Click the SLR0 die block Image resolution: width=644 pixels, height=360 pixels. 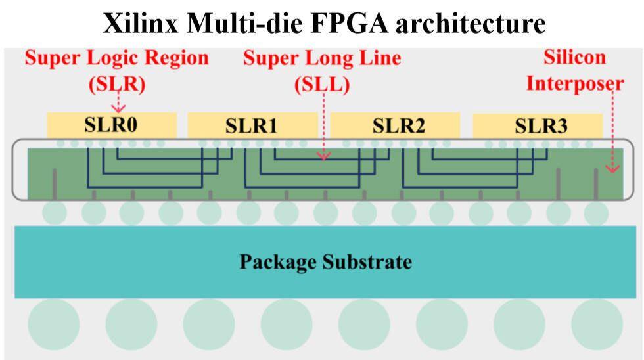pyautogui.click(x=112, y=125)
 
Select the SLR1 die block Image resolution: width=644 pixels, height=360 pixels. pyautogui.click(x=252, y=125)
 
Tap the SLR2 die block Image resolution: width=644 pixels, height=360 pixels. pyautogui.click(x=395, y=125)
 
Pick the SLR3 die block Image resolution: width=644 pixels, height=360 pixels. pyautogui.click(x=538, y=126)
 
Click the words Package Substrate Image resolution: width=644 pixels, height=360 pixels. pyautogui.click(x=326, y=261)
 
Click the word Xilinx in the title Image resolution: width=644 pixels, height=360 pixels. pyautogui.click(x=141, y=23)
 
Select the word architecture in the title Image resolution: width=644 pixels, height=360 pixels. pyautogui.click(x=471, y=23)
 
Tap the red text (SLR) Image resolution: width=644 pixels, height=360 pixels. pyautogui.click(x=118, y=84)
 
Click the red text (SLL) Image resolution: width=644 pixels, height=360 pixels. pyautogui.click(x=323, y=84)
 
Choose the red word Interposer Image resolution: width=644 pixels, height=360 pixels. pyautogui.click(x=575, y=83)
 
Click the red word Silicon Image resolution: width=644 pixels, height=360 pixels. pyautogui.click(x=574, y=57)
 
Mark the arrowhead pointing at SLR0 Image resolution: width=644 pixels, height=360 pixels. pyautogui.click(x=118, y=109)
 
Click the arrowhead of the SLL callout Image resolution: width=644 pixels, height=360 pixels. pyautogui.click(x=324, y=156)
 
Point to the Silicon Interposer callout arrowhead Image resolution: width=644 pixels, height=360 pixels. pyautogui.click(x=612, y=169)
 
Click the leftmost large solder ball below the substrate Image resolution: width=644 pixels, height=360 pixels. pyautogui.click(x=53, y=324)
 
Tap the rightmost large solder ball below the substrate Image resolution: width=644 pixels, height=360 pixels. pyautogui.click(x=597, y=324)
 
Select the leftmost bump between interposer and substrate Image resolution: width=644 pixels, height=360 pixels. pyautogui.click(x=55, y=214)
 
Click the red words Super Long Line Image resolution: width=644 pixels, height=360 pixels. pyautogui.click(x=322, y=58)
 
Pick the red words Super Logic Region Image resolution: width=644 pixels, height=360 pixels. pyautogui.click(x=117, y=58)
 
